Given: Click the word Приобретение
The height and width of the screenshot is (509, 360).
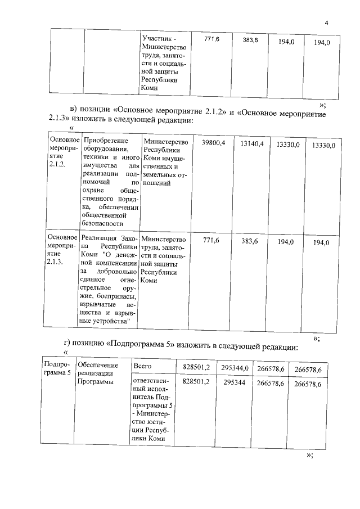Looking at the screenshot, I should click(x=105, y=140).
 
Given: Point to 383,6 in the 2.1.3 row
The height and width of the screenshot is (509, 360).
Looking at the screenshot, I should click(x=249, y=241).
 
